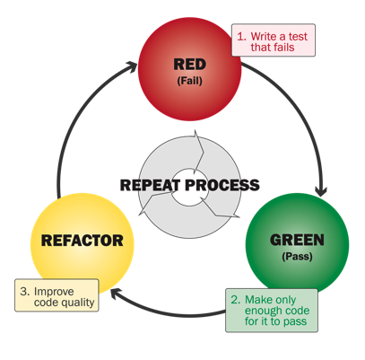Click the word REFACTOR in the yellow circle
coord(83,241)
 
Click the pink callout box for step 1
coord(274,40)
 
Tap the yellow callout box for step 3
coord(56,295)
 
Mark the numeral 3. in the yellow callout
coord(25,290)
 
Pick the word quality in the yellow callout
coord(76,303)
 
